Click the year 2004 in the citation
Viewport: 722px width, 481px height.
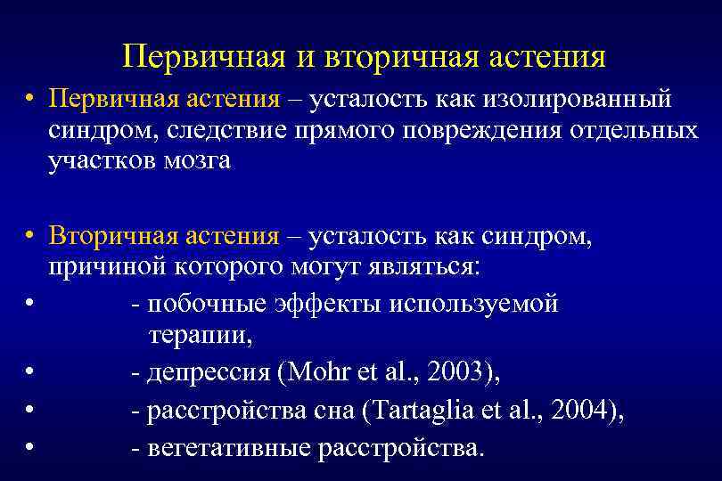pos(583,411)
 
